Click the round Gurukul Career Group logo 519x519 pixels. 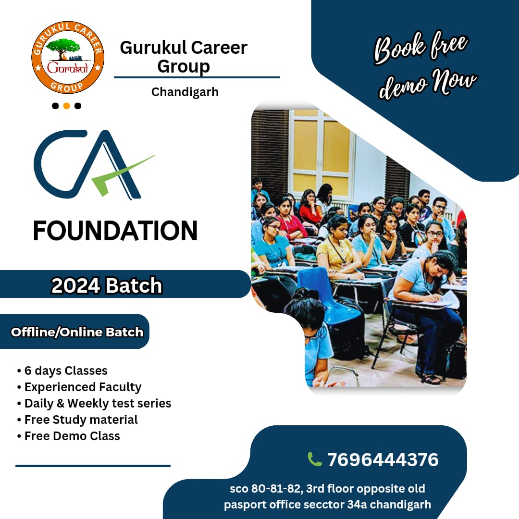[68, 58]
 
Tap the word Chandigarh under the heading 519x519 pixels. [185, 92]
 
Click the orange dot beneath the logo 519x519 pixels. [67, 106]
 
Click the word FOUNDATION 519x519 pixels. [115, 231]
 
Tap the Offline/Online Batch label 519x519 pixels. [77, 332]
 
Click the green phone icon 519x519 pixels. [315, 459]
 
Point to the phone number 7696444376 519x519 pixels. [383, 460]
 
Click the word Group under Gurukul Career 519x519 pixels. [184, 66]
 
